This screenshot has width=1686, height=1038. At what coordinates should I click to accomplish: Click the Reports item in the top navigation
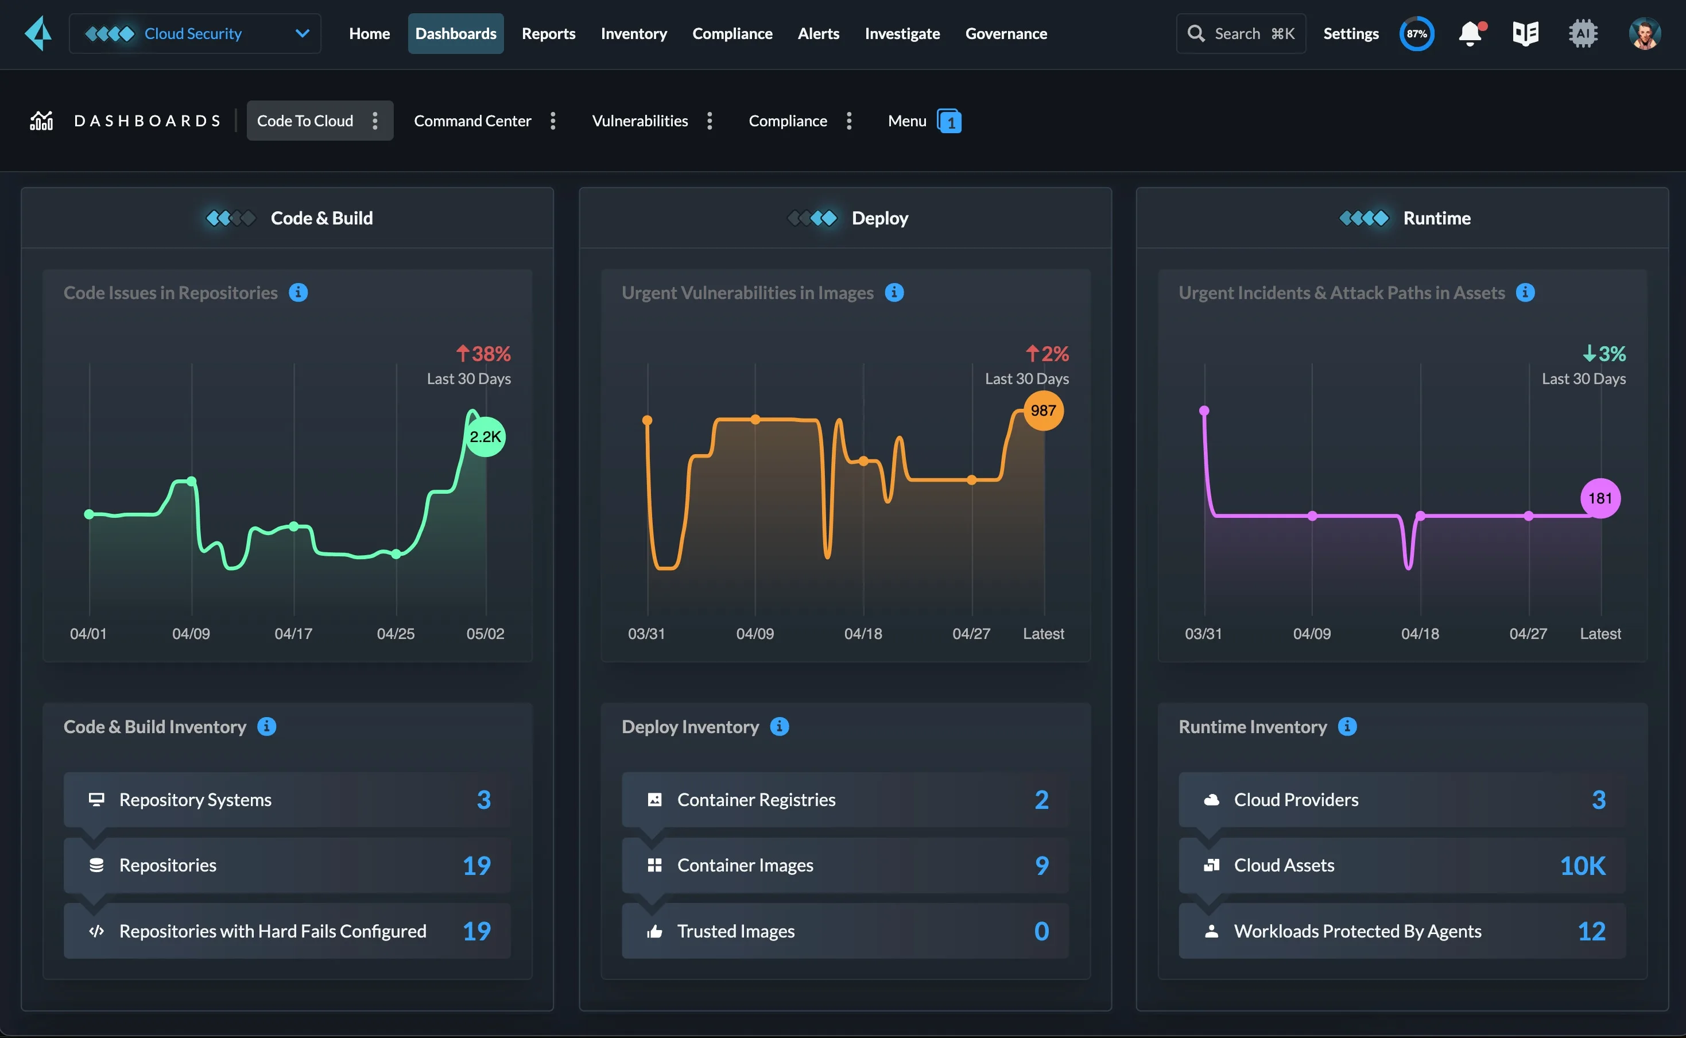pos(548,34)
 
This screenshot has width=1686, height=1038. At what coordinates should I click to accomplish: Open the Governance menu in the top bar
pos(1006,34)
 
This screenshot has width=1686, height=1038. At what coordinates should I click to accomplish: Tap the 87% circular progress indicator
pos(1416,34)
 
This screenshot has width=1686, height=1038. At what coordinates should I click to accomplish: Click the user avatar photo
pos(1644,34)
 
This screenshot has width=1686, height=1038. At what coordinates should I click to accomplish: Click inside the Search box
pos(1241,34)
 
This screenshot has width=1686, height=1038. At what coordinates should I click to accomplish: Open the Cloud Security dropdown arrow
pos(302,34)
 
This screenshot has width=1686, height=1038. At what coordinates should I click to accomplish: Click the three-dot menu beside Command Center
pos(553,121)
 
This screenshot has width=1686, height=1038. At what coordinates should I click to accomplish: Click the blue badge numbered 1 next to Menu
pos(949,122)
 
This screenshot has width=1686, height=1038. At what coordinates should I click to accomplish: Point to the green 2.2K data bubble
pos(485,437)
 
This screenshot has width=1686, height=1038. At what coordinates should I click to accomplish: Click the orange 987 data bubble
pos(1042,410)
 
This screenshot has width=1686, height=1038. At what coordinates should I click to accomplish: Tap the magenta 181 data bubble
pos(1599,498)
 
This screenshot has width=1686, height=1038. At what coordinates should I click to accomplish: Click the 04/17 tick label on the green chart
pos(293,634)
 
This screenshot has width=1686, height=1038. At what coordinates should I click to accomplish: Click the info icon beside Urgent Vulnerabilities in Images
pos(894,292)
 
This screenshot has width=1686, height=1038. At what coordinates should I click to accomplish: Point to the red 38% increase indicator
pos(484,354)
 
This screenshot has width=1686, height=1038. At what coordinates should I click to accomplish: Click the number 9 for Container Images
pos(1041,865)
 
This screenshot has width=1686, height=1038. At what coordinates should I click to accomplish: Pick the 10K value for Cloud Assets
pos(1582,866)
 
